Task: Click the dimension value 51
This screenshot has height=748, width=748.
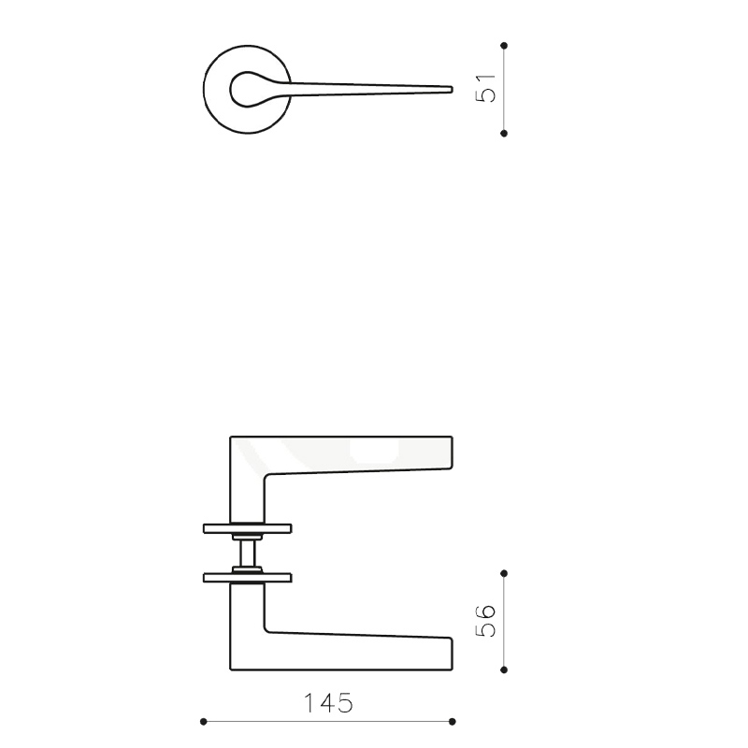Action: click(x=487, y=88)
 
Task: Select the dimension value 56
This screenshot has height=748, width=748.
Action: click(x=487, y=621)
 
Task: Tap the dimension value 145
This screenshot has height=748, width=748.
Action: click(x=327, y=703)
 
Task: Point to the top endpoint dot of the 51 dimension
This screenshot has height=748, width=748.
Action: click(x=504, y=45)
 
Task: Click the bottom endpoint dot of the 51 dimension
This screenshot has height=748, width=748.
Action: click(x=504, y=134)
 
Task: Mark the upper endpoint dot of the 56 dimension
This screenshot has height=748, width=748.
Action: click(x=504, y=572)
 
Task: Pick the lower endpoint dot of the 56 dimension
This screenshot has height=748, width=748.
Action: click(x=504, y=669)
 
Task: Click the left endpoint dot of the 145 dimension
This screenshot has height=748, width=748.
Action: click(x=204, y=721)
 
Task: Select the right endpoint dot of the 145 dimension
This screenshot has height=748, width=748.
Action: click(x=453, y=721)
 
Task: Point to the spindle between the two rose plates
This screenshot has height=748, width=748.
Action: click(x=248, y=553)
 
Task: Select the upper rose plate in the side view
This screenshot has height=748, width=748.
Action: click(x=248, y=527)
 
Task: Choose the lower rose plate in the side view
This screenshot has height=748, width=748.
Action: click(x=248, y=577)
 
